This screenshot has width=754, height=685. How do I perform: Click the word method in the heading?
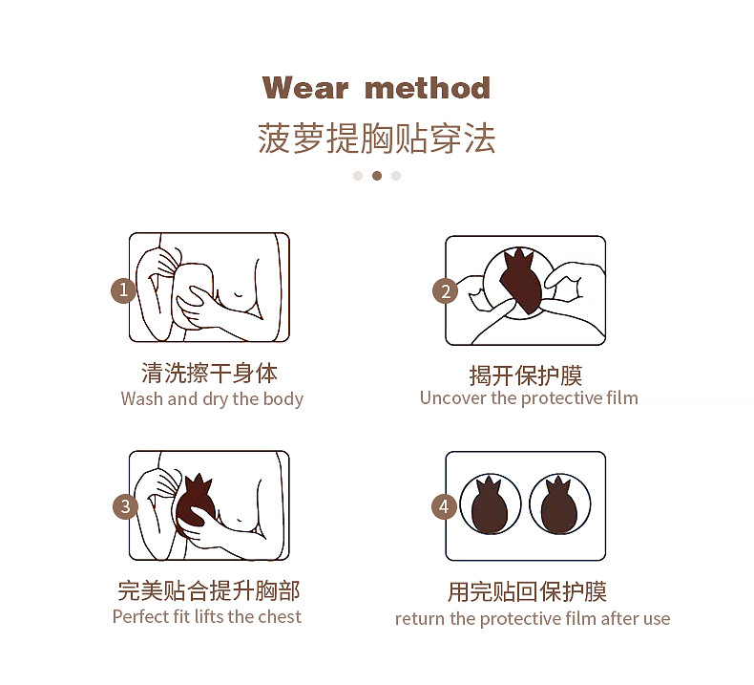pos(428,88)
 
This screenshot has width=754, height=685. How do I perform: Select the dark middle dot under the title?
pos(377,176)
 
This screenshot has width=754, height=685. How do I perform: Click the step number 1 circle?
pos(123,290)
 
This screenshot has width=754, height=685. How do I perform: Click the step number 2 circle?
pos(445,290)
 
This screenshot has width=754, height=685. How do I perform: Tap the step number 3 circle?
pos(125,506)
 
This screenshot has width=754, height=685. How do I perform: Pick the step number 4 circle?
pos(445,506)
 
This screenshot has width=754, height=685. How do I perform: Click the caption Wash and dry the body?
pos(212,399)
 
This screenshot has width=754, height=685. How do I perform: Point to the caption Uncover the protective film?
pos(529,398)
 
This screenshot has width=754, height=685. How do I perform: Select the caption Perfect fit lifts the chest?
pos(207,617)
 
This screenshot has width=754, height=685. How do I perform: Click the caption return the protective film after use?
pos(533,619)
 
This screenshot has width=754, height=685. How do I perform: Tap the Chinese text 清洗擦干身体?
pos(209,374)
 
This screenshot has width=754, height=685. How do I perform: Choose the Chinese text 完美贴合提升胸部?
pos(208,590)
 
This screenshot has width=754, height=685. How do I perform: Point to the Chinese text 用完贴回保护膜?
pos(527,592)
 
